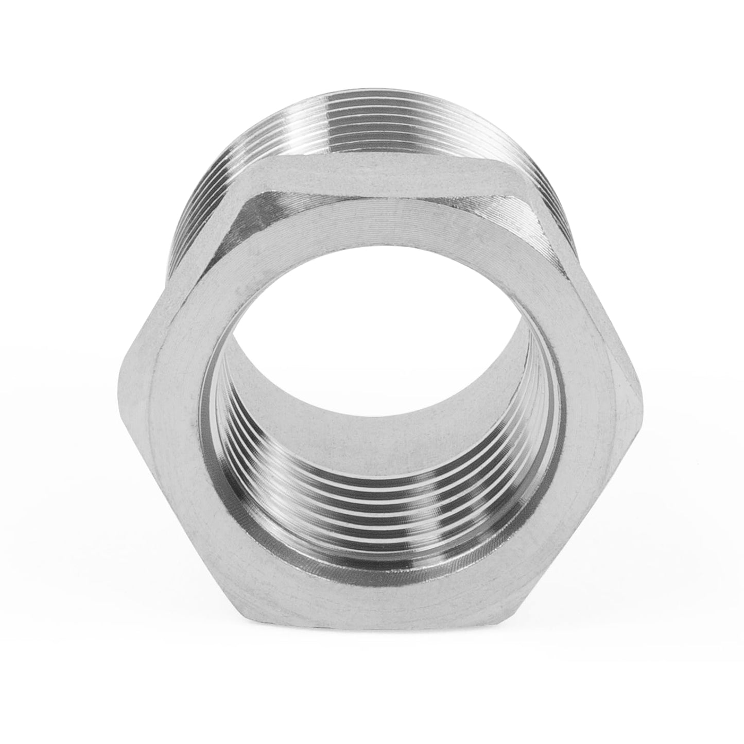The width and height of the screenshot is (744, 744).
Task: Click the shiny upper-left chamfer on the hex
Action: coord(257,216)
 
